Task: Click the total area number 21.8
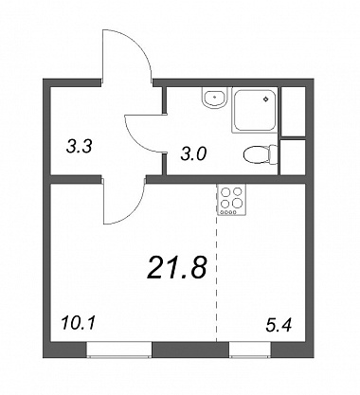[x=176, y=268]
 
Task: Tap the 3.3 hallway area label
[x=80, y=147]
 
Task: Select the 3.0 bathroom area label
[x=193, y=154]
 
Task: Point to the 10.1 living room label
[x=79, y=324]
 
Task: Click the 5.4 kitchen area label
[x=279, y=326]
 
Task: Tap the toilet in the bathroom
[x=261, y=155]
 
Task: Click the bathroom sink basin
[x=214, y=98]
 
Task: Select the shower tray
[x=254, y=110]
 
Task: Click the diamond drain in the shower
[x=266, y=99]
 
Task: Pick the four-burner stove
[x=232, y=200]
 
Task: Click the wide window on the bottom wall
[x=119, y=350]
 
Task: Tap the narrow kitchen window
[x=250, y=350]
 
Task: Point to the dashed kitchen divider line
[x=217, y=278]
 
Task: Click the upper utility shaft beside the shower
[x=293, y=112]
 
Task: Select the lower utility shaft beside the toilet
[x=293, y=157]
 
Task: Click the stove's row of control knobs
[x=228, y=212]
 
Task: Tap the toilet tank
[x=273, y=155]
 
